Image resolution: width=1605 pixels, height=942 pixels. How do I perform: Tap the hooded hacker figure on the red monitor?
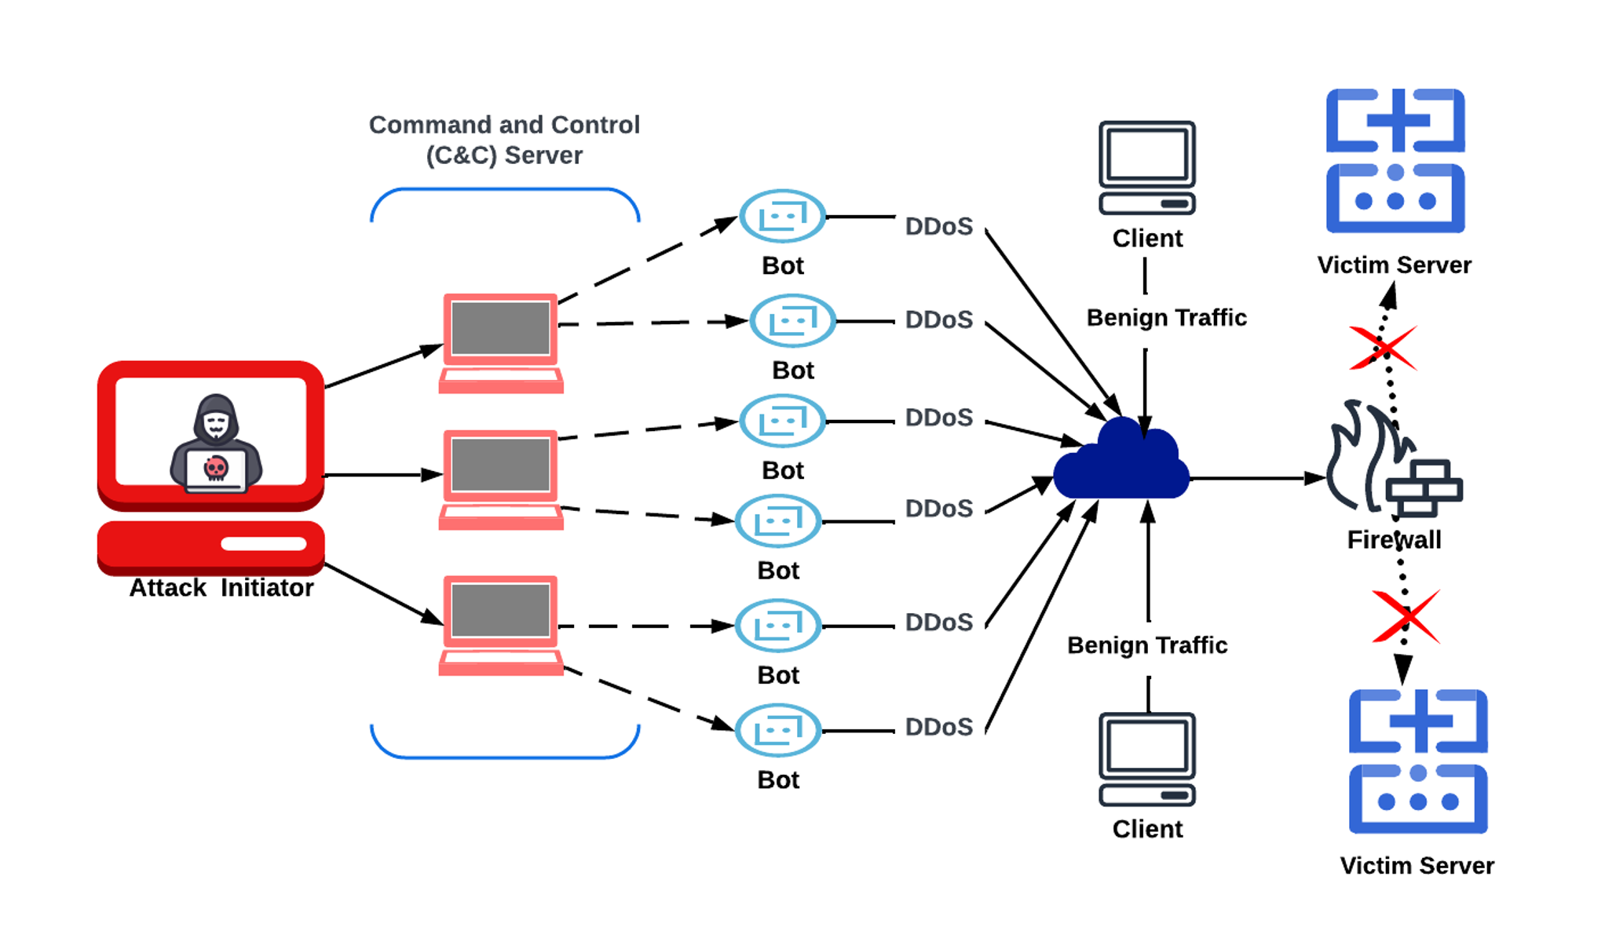pyautogui.click(x=216, y=444)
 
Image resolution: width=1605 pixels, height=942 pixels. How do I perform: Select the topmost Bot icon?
pyautogui.click(x=782, y=216)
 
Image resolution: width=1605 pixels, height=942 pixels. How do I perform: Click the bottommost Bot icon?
pyautogui.click(x=777, y=730)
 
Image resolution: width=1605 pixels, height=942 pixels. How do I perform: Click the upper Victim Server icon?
pyautogui.click(x=1395, y=161)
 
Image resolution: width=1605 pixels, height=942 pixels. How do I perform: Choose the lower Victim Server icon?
pyautogui.click(x=1418, y=761)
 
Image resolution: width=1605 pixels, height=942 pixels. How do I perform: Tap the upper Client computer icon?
pyautogui.click(x=1147, y=167)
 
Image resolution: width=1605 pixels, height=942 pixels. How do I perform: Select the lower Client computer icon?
pyautogui.click(x=1147, y=759)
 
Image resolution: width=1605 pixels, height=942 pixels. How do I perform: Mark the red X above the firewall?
pyautogui.click(x=1383, y=348)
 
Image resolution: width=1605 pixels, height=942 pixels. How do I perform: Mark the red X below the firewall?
pyautogui.click(x=1406, y=616)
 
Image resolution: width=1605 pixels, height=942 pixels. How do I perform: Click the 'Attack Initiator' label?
pyautogui.click(x=221, y=588)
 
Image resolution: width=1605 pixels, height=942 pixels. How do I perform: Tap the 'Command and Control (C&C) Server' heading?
pyautogui.click(x=504, y=140)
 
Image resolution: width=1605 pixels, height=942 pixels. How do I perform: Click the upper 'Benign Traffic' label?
pyautogui.click(x=1166, y=318)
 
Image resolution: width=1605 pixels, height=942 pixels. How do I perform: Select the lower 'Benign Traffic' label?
pyautogui.click(x=1147, y=645)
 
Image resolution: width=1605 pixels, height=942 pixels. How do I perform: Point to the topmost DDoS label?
pyautogui.click(x=938, y=227)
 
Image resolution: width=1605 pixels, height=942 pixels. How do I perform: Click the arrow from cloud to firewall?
pyautogui.click(x=1256, y=478)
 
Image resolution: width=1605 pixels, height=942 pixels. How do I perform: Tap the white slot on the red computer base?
pyautogui.click(x=263, y=544)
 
